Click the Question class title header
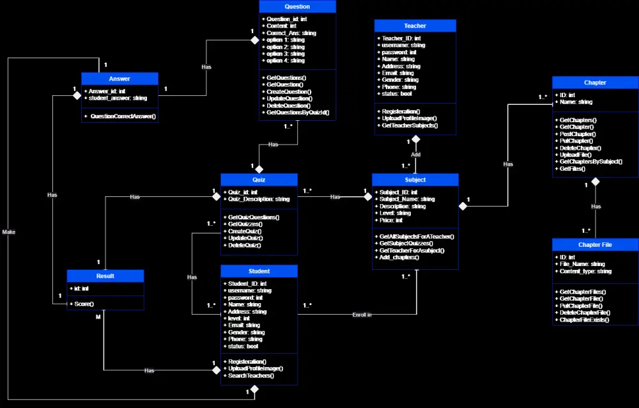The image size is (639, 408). pos(297,6)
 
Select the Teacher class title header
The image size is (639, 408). pos(415,26)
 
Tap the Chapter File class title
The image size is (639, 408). pos(594,245)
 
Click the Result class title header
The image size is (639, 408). pos(105,276)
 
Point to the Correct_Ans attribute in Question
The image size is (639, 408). pos(291,33)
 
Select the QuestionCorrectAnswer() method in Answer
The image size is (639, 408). pos(123,116)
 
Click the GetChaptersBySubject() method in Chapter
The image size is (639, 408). pos(590,162)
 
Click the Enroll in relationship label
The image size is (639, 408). pos(362,315)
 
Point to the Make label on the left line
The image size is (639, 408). pos(8,231)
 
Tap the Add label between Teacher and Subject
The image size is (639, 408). pos(415,155)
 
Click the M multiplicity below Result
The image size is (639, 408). pos(98,317)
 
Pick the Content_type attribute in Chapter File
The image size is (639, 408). pos(585,271)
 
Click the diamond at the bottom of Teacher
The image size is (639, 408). pos(415,139)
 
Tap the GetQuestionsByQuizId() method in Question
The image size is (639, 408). pos(298,113)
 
